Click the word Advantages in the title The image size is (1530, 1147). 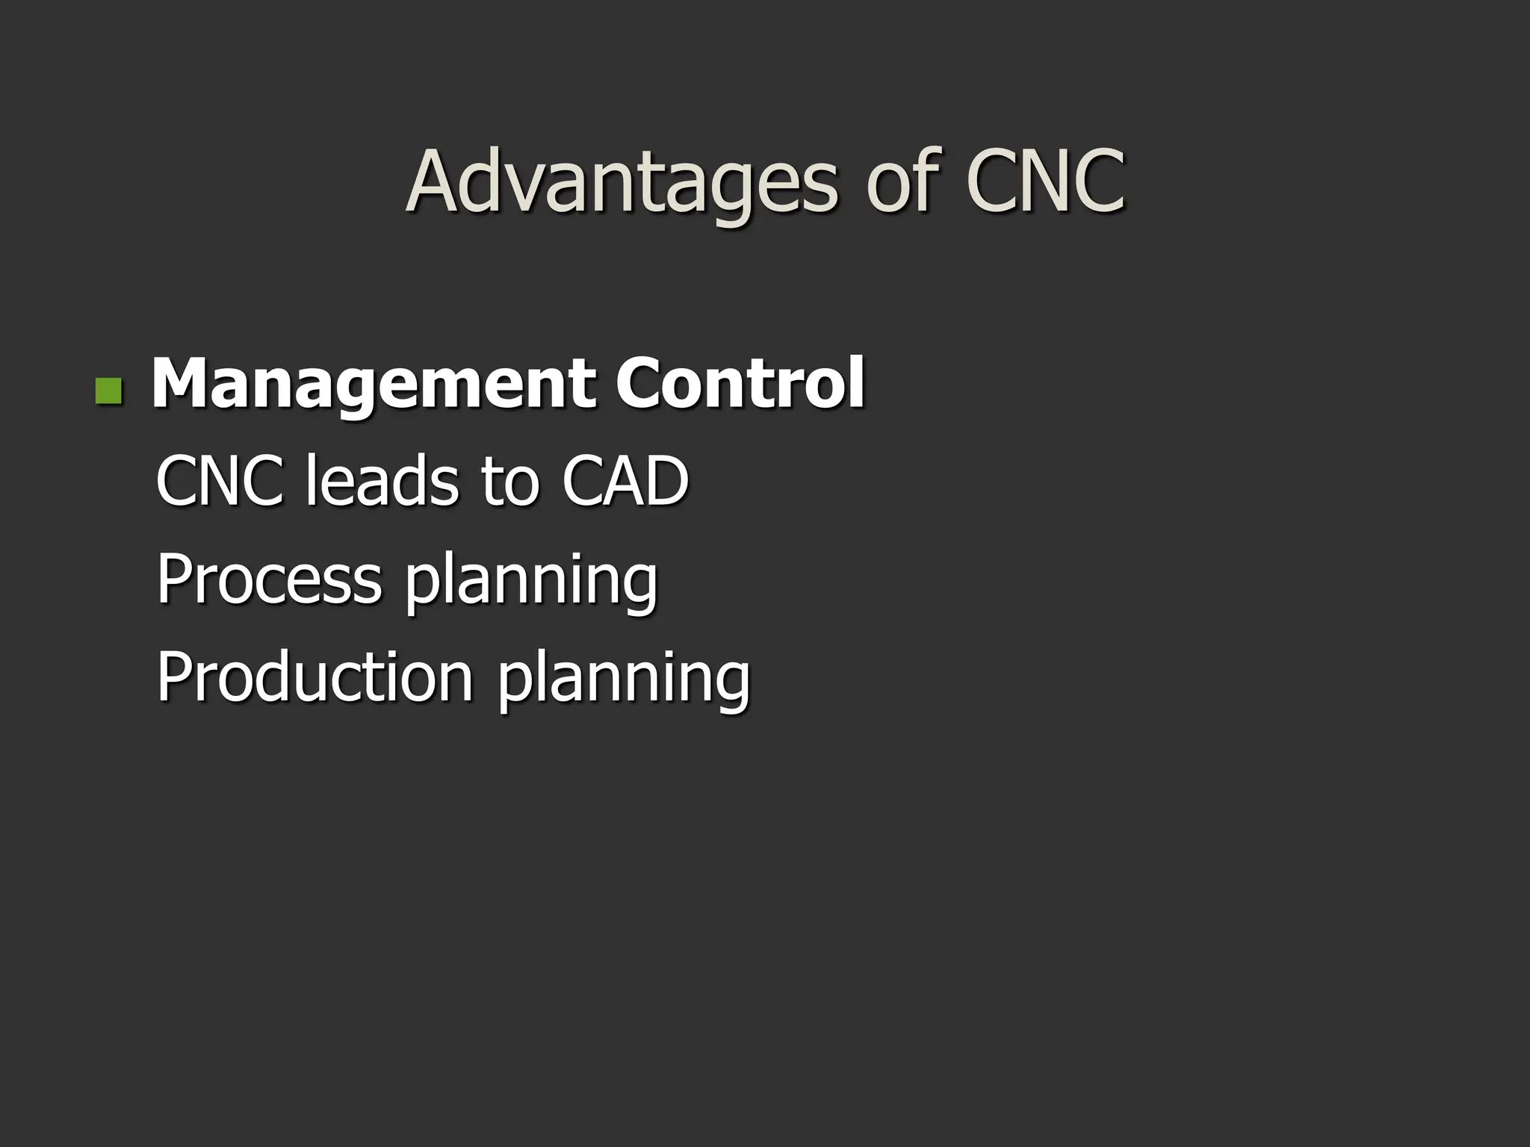(x=623, y=182)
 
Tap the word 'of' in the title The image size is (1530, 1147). (x=901, y=182)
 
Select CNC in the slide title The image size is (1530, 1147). (x=1044, y=182)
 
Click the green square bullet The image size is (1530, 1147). (x=109, y=391)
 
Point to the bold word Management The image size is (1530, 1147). (x=374, y=384)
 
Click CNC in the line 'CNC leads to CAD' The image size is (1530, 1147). (x=220, y=481)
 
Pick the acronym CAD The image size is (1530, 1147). (x=625, y=481)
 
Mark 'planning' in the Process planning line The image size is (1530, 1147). (x=531, y=583)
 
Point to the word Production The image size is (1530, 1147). (x=315, y=677)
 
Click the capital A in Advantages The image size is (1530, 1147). (x=434, y=182)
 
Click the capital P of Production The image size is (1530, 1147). (x=173, y=677)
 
